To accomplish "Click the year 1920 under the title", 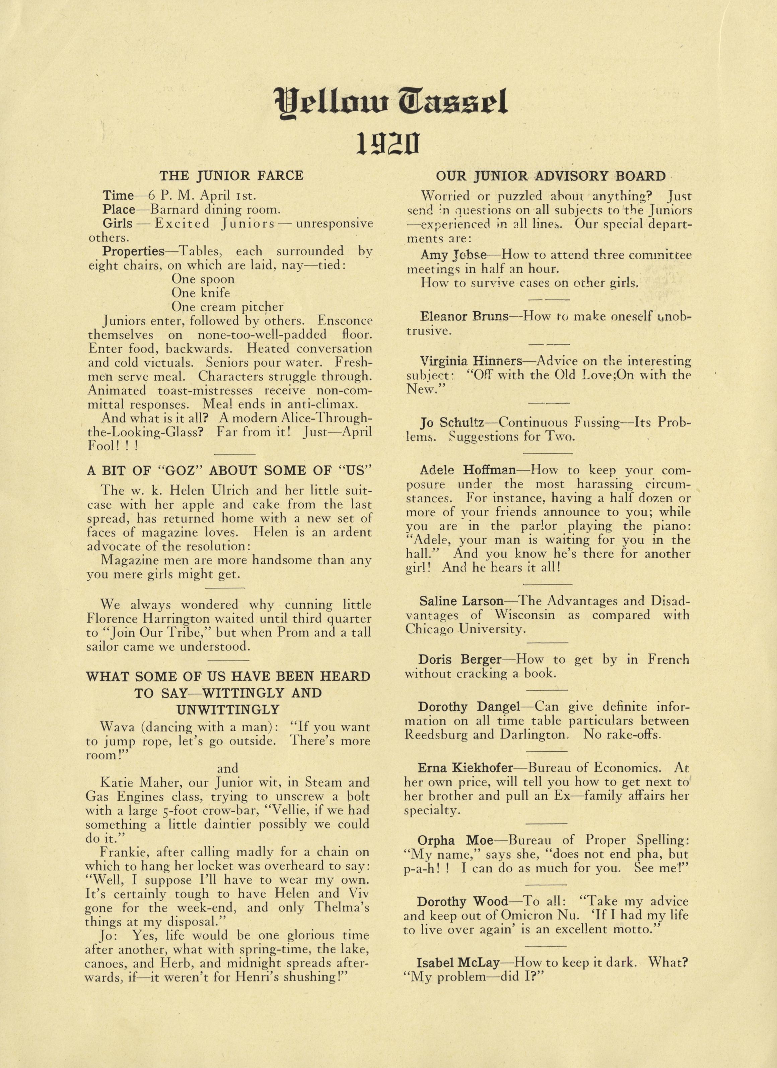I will click(387, 144).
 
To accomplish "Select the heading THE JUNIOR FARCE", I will click(231, 176).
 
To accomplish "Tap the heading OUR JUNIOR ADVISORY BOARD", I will click(551, 176).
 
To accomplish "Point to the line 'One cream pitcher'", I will click(227, 307).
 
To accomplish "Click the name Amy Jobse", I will click(453, 255).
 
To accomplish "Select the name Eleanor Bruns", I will click(465, 316).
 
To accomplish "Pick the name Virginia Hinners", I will click(471, 361).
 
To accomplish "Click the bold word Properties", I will click(134, 251).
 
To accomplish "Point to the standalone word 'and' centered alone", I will click(228, 768).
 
